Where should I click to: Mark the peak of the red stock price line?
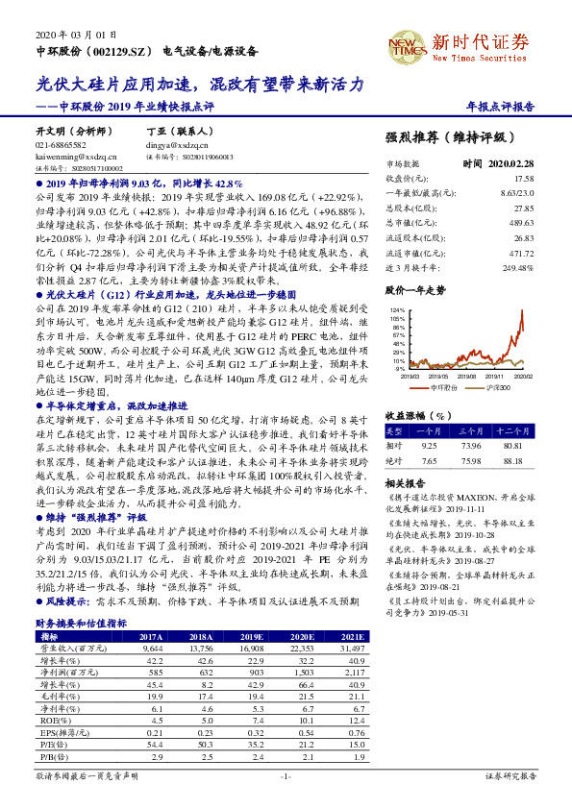(x=522, y=312)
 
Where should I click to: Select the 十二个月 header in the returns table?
(x=520, y=430)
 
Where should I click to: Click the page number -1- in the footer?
(x=285, y=774)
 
